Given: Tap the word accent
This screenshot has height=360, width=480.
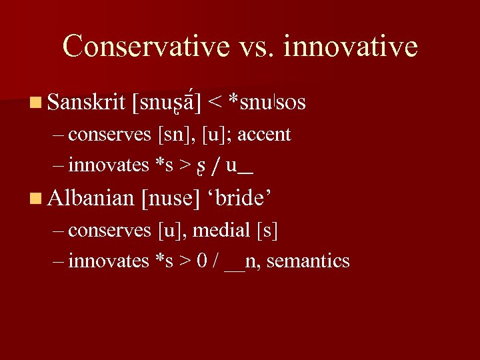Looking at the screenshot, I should click(x=264, y=135).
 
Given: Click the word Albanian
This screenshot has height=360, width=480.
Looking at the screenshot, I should click(x=92, y=197).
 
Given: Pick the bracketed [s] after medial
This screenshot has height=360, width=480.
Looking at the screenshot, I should click(x=267, y=231).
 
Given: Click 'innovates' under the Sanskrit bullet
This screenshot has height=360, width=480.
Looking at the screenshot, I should click(x=109, y=165).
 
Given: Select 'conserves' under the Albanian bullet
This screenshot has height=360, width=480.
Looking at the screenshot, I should click(x=110, y=231).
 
